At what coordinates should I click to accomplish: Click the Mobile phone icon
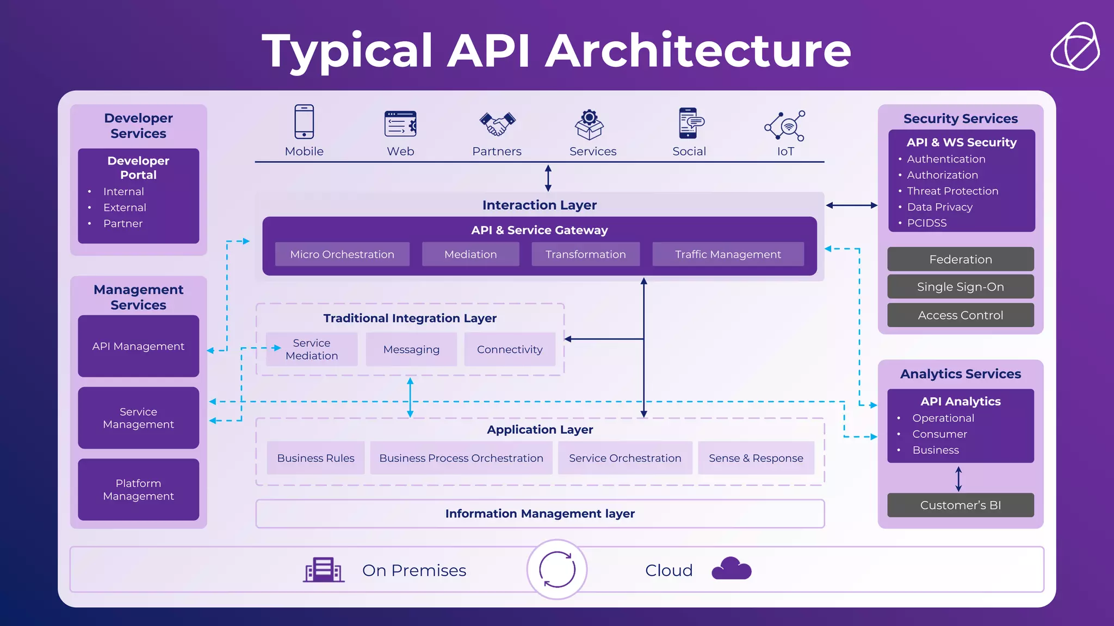tap(304, 122)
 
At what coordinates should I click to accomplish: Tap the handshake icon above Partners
tap(497, 123)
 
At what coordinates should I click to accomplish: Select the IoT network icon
tap(784, 126)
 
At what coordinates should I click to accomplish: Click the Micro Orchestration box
tap(342, 254)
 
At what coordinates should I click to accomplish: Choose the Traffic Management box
tap(728, 254)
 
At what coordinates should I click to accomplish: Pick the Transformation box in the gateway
tap(585, 254)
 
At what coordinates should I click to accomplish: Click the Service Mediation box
tap(312, 349)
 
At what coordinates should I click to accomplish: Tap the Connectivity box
tap(510, 349)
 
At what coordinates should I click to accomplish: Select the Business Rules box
tap(315, 458)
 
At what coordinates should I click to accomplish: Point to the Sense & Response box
tap(756, 458)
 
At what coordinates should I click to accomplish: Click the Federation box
tap(961, 259)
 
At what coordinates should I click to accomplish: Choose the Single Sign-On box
tap(961, 287)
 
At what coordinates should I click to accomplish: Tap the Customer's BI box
tap(961, 505)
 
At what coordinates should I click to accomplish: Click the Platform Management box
tap(138, 490)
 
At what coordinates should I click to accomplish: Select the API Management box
tap(138, 346)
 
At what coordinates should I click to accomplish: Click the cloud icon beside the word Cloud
tap(731, 569)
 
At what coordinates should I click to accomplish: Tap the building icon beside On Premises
tap(324, 570)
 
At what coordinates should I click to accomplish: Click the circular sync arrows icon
tap(557, 569)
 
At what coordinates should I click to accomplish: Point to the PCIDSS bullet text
tap(926, 223)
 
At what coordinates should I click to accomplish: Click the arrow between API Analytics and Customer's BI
tap(958, 478)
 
